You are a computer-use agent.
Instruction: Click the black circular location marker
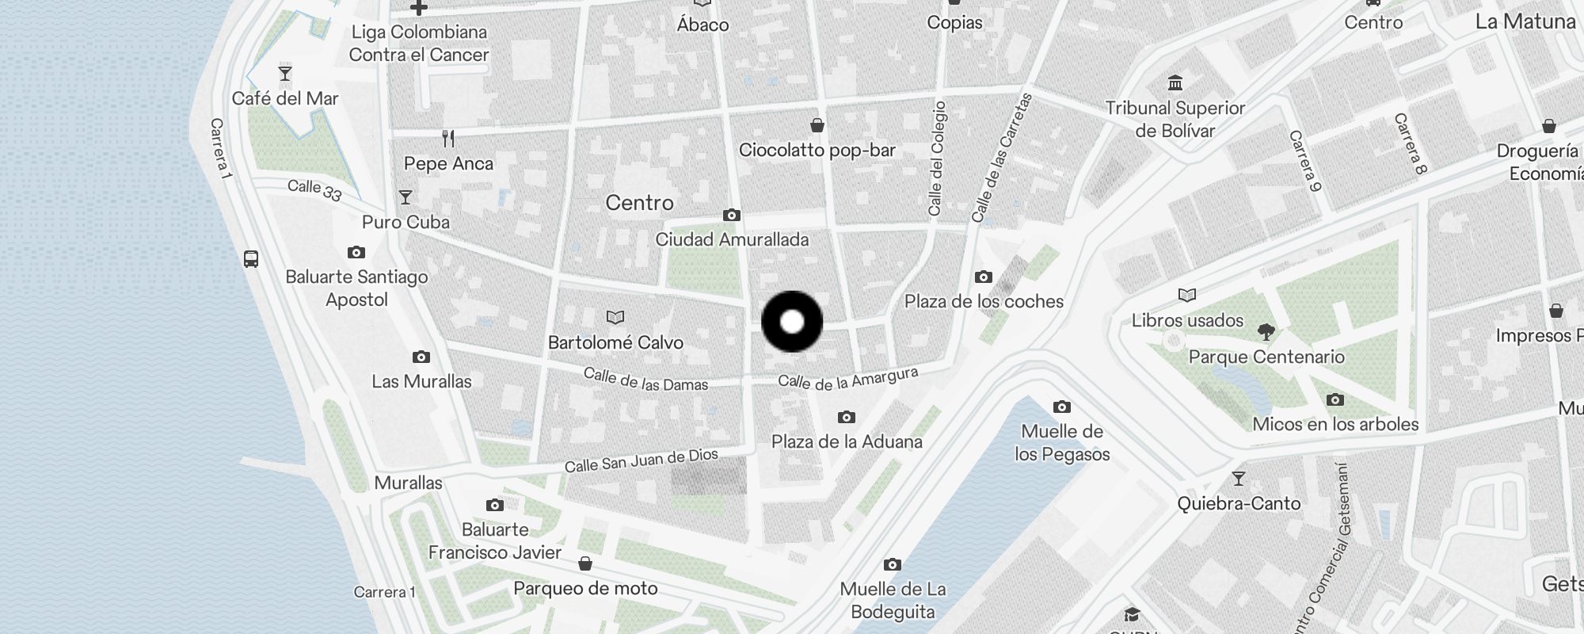pyautogui.click(x=792, y=322)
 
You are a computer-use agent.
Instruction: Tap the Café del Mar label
pyautogui.click(x=285, y=98)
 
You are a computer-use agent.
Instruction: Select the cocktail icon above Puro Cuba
pyautogui.click(x=406, y=197)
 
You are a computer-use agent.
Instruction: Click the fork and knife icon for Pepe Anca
pyautogui.click(x=448, y=139)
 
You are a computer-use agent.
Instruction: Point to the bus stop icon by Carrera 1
pyautogui.click(x=251, y=258)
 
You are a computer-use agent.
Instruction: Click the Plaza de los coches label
pyautogui.click(x=984, y=301)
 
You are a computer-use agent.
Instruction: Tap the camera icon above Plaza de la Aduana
pyautogui.click(x=846, y=417)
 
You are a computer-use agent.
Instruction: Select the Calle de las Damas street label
pyautogui.click(x=645, y=380)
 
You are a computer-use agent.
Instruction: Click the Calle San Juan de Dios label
pyautogui.click(x=641, y=460)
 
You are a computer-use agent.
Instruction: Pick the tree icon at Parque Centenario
pyautogui.click(x=1266, y=331)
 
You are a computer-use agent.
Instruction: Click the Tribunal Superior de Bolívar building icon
pyautogui.click(x=1175, y=83)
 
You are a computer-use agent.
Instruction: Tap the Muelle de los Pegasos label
pyautogui.click(x=1062, y=442)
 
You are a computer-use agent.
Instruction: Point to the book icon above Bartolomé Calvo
pyautogui.click(x=615, y=318)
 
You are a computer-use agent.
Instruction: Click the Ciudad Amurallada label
pyautogui.click(x=732, y=239)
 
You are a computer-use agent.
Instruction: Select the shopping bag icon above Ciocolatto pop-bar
pyautogui.click(x=817, y=125)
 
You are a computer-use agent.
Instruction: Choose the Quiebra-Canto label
pyautogui.click(x=1239, y=503)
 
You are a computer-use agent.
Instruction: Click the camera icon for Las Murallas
pyautogui.click(x=421, y=357)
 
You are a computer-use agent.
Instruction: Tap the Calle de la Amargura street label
pyautogui.click(x=847, y=379)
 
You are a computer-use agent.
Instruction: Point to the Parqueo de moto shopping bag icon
pyautogui.click(x=585, y=563)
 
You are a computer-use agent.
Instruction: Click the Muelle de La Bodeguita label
pyautogui.click(x=893, y=600)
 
